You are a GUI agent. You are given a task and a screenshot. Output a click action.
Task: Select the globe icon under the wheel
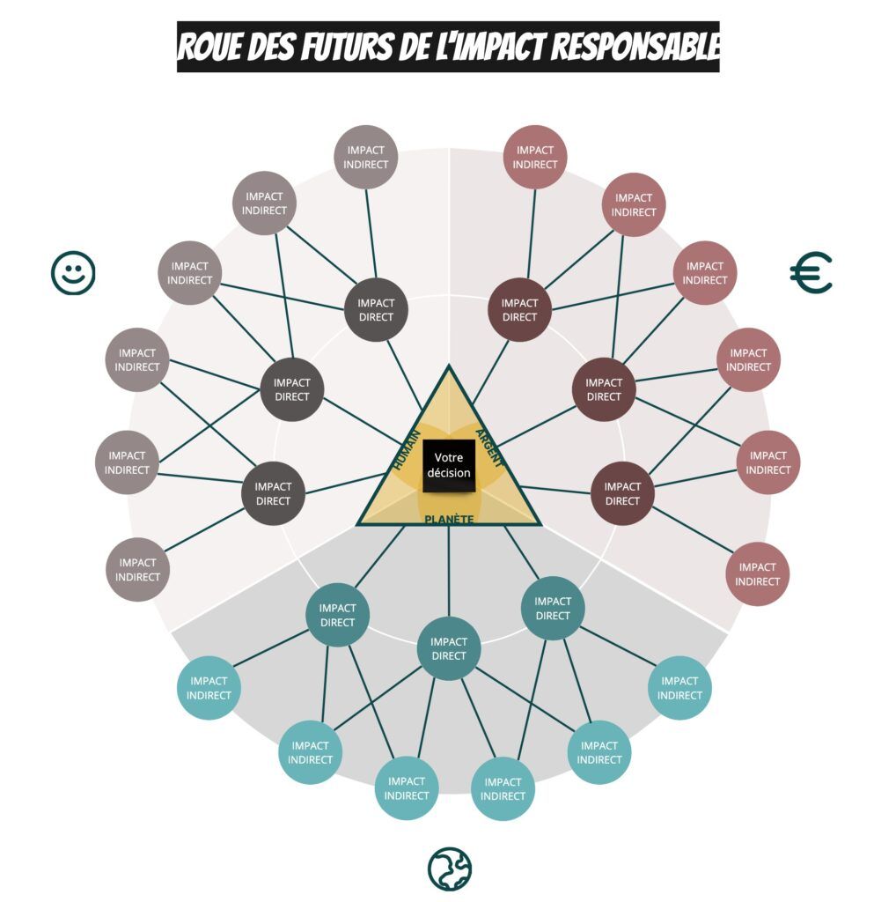(450, 869)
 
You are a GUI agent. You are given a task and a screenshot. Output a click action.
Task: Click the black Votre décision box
(449, 466)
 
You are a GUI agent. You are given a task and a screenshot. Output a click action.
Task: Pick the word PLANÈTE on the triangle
(449, 520)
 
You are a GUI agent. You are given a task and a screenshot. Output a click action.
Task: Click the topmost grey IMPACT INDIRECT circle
(365, 157)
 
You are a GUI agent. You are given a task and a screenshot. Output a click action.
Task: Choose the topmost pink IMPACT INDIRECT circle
(535, 157)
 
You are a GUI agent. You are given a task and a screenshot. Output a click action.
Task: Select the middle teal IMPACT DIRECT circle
(449, 648)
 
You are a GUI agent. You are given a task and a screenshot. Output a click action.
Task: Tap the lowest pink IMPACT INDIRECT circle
(758, 574)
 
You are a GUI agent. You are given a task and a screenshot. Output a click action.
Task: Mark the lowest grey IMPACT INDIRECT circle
(137, 570)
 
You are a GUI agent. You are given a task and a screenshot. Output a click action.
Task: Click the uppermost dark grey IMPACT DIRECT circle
(376, 309)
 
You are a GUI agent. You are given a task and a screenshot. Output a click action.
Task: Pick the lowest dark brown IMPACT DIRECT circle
(622, 493)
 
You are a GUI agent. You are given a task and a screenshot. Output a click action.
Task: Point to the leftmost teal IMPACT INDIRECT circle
(209, 688)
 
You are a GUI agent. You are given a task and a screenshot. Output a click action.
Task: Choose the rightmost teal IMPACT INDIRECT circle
(679, 688)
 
